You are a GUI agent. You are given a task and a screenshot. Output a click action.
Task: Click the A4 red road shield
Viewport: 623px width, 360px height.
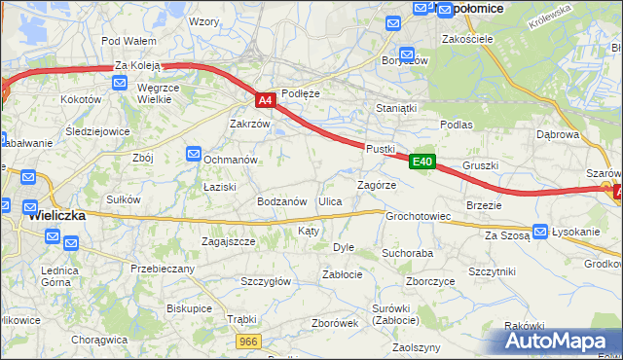point(267,99)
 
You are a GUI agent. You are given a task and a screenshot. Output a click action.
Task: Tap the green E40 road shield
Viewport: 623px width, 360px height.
point(421,162)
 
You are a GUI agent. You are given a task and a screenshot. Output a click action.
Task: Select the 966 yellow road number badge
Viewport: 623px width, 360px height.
point(250,342)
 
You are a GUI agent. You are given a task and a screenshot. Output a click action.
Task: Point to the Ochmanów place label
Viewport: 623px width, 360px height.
point(231,159)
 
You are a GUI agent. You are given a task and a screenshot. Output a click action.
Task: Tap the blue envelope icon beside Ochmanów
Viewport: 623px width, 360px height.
point(194,154)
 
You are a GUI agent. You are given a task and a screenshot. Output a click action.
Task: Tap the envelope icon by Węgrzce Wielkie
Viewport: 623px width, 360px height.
point(118,85)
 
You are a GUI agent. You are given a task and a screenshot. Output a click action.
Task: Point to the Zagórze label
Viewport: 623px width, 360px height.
point(376,185)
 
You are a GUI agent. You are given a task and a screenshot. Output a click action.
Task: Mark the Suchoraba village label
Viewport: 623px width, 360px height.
point(407,252)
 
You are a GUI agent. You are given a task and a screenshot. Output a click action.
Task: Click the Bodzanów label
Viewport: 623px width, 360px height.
point(282,201)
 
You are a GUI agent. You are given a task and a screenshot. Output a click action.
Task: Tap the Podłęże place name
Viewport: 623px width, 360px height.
point(300,93)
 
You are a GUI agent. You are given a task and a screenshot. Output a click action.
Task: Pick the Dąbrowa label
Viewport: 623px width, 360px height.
point(558,135)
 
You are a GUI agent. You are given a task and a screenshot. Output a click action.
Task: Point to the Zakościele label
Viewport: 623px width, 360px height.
point(467,40)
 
